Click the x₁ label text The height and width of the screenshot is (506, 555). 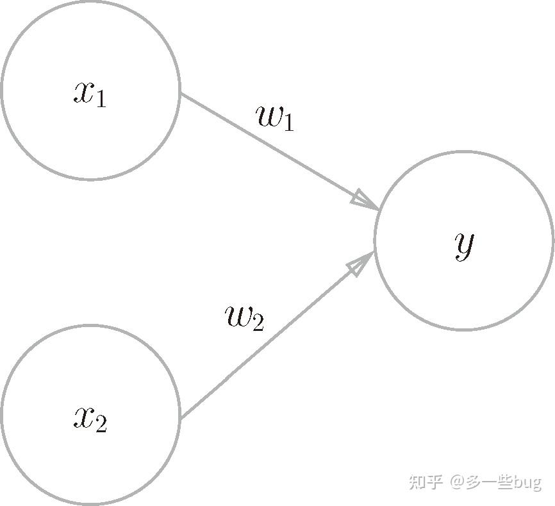coord(90,94)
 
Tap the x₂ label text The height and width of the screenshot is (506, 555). coord(90,419)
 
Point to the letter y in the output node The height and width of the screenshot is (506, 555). coord(464,244)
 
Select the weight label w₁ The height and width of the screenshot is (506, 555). coord(275,118)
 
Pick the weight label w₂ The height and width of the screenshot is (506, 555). coord(245,317)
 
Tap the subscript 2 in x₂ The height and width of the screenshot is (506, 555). coord(101,425)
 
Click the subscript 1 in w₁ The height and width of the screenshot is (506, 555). coord(288,123)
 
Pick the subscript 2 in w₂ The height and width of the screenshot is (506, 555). coord(258,323)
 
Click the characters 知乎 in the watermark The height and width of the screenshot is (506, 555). coord(426,481)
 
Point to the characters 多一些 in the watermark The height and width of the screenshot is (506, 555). coord(490,481)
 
